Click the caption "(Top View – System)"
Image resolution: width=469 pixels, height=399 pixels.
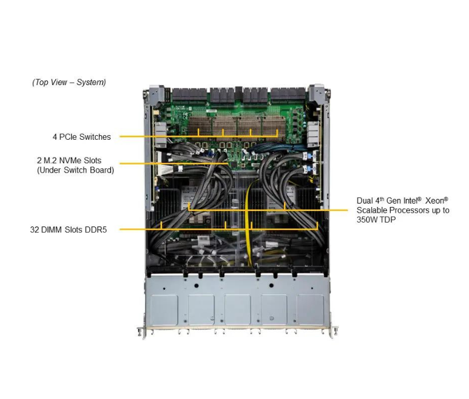[69, 82]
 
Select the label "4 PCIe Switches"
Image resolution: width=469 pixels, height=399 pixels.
[82, 137]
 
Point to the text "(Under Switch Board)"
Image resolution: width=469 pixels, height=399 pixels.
[75, 170]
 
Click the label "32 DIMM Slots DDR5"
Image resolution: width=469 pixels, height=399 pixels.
[68, 229]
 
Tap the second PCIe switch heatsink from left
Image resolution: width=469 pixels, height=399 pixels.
[222, 127]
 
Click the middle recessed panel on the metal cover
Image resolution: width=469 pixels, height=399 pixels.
[237, 309]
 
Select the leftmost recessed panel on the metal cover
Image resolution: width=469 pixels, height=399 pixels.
[164, 309]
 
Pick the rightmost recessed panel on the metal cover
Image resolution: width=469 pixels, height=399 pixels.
[310, 309]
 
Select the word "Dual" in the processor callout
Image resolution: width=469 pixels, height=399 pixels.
[365, 201]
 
